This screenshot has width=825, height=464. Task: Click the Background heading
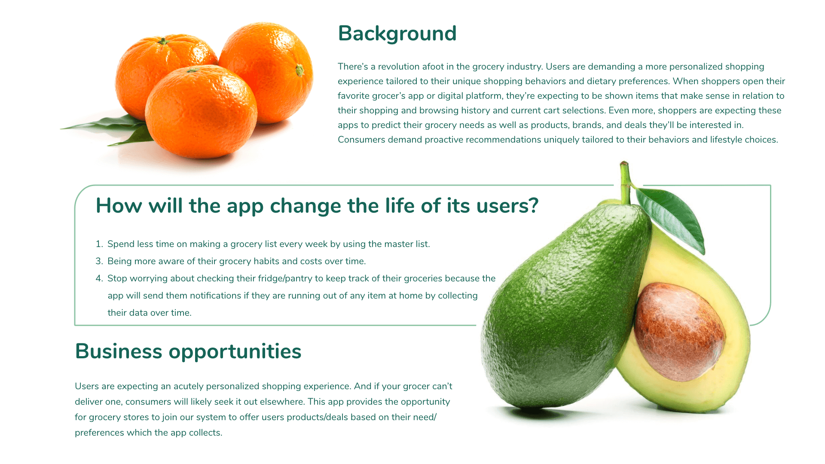[x=397, y=34]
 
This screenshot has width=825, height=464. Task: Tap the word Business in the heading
[x=119, y=351]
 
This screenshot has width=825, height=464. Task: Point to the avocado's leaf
[x=671, y=217]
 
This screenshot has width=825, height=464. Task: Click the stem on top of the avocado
[x=625, y=183]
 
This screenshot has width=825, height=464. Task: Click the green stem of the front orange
[x=192, y=70]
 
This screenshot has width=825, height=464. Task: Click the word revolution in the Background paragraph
[x=398, y=67]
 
